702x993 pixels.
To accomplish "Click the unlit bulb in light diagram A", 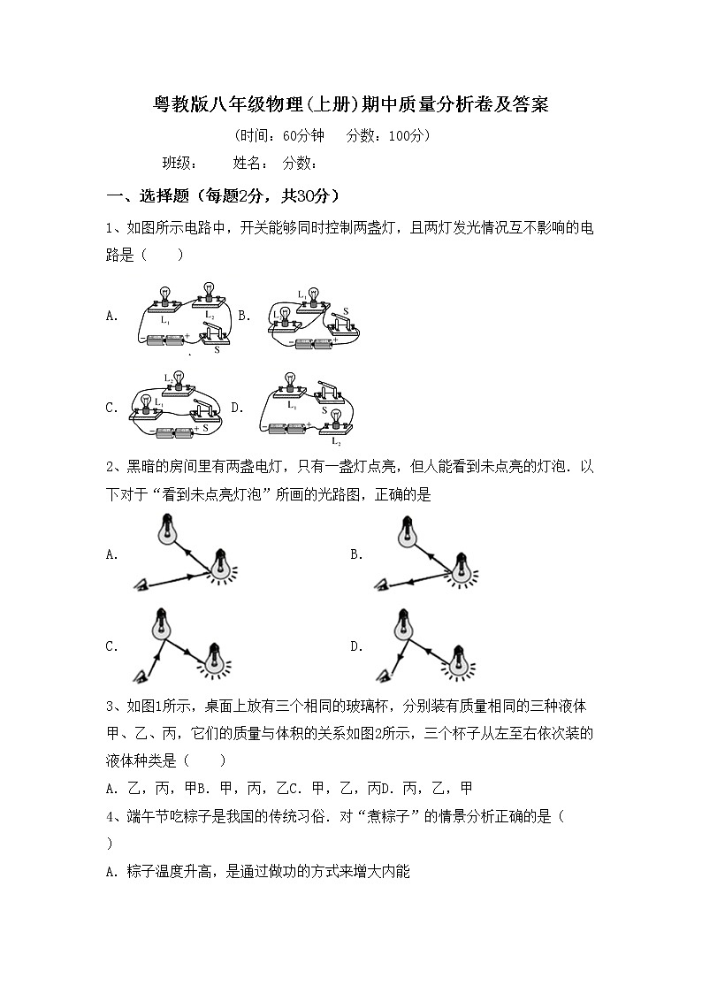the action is click(165, 527).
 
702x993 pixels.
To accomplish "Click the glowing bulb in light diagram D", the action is click(457, 659).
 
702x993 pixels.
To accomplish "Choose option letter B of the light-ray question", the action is click(356, 554).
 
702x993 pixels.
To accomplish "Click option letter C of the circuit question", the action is click(111, 408).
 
